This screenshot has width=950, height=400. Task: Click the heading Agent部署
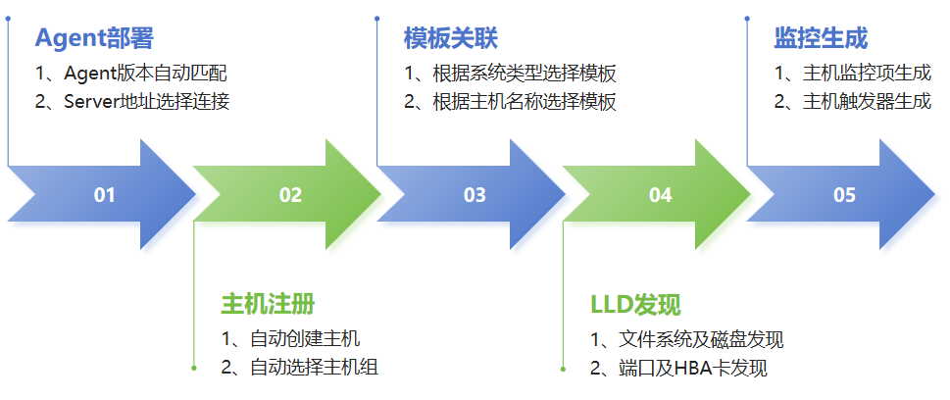coord(94,38)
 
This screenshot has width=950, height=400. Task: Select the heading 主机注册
coord(268,303)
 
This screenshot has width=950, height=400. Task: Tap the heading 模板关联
coord(451,38)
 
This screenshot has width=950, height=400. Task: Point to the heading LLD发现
coord(635,303)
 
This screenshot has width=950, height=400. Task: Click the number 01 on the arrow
coord(105,195)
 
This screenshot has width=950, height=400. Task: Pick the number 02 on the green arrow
coord(290,195)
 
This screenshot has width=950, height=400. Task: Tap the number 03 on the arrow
coord(475,195)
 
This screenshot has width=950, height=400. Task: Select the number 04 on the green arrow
coord(660,195)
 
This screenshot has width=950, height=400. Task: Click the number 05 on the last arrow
coord(844,195)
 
